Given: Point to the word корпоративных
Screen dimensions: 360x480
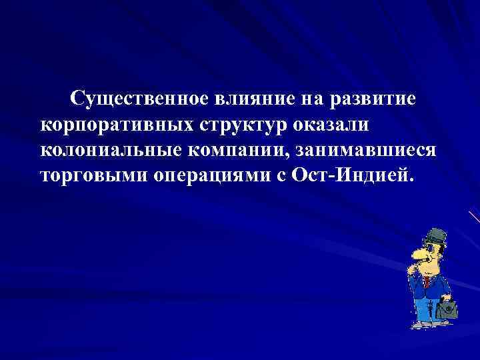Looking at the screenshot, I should [114, 125].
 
